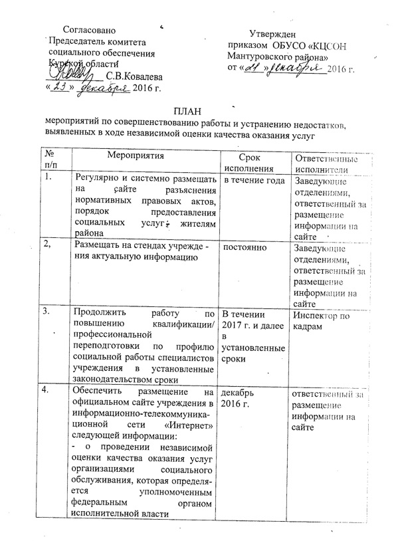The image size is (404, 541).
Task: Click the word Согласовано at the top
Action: (x=89, y=31)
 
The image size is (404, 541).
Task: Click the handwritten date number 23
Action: (x=59, y=87)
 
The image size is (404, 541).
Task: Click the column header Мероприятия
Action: (x=136, y=156)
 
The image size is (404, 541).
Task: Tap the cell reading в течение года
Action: (x=252, y=179)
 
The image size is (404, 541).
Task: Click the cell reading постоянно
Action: (x=246, y=247)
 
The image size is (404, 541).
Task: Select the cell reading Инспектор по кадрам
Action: (x=322, y=320)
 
